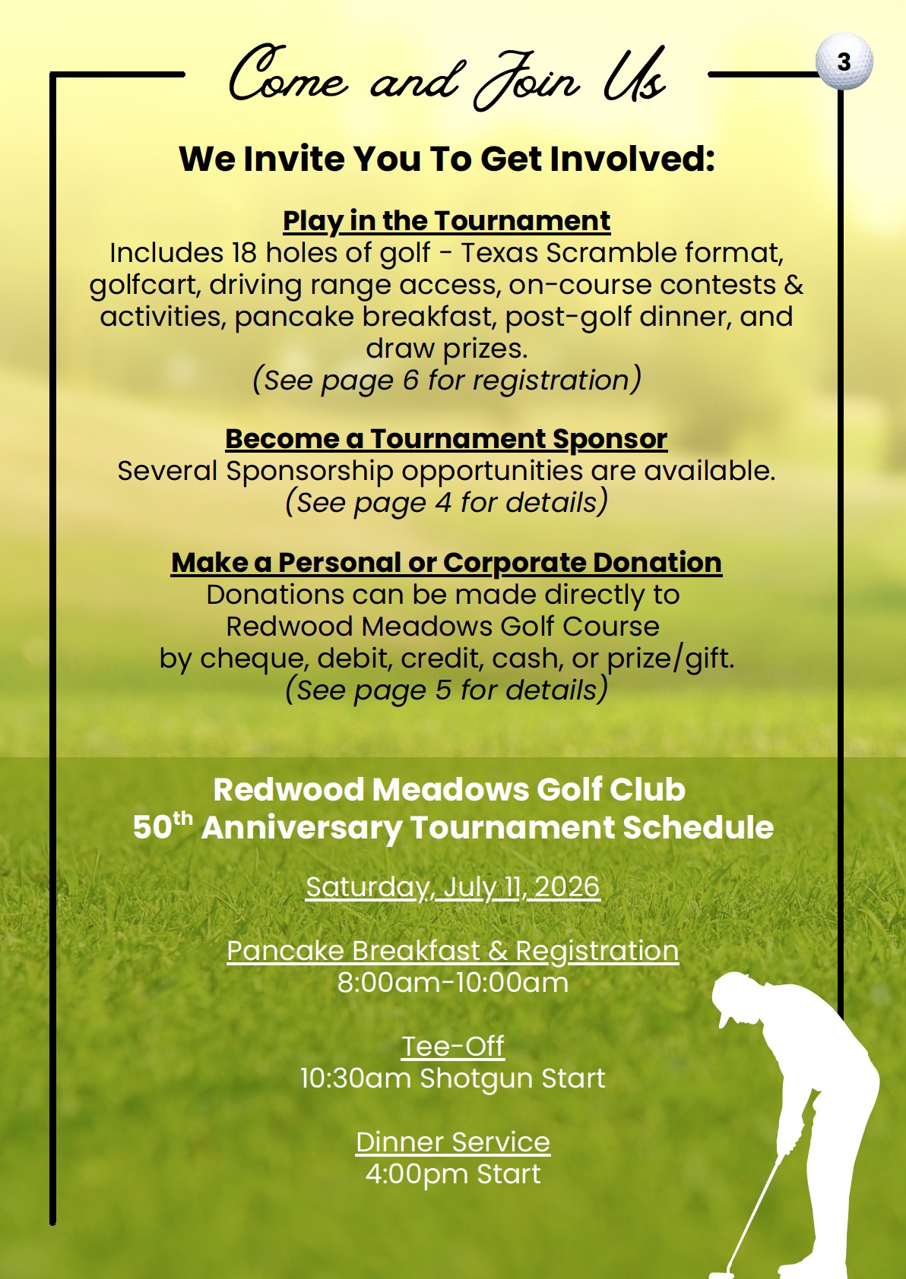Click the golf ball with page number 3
point(844,62)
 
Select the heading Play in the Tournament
point(446,221)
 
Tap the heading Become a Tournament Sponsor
point(446,439)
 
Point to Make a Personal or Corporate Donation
point(446,563)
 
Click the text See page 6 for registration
point(446,380)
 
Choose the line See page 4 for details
point(446,502)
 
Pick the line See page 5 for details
point(446,690)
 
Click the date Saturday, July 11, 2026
point(452,887)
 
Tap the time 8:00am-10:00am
point(452,983)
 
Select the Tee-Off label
point(452,1047)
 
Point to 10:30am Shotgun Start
point(452,1078)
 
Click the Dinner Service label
point(452,1142)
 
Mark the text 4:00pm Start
point(452,1174)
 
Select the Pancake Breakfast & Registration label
point(452,951)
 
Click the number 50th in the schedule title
point(162,826)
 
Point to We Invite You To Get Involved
point(446,159)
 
